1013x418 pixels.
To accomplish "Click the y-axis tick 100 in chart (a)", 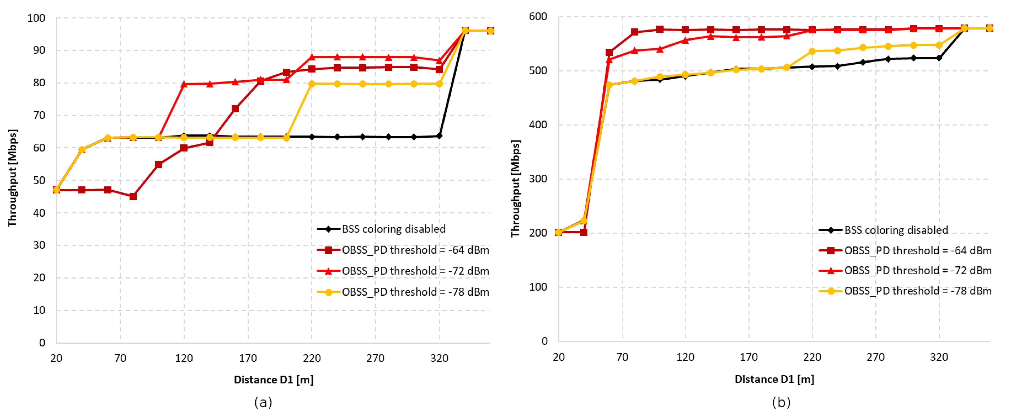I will [36, 18].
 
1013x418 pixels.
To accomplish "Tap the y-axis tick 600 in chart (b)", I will [538, 17].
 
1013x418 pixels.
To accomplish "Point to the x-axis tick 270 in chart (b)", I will [875, 357].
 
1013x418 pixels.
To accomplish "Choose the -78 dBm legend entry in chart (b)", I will [918, 291].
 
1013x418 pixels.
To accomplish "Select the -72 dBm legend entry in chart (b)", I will [918, 270].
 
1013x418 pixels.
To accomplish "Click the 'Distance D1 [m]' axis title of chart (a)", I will [273, 380].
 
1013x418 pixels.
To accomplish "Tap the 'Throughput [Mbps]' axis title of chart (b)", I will [516, 189].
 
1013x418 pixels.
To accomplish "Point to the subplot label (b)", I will [781, 402].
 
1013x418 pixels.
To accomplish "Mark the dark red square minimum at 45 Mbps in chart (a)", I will [133, 196].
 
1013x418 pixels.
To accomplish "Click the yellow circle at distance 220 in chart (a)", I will [312, 84].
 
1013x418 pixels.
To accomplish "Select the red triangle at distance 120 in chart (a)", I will [184, 84].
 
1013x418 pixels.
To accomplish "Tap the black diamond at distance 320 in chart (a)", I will [439, 136].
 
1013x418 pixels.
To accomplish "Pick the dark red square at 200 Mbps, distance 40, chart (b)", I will [583, 232].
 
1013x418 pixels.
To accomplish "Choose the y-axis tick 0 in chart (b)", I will [544, 341].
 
